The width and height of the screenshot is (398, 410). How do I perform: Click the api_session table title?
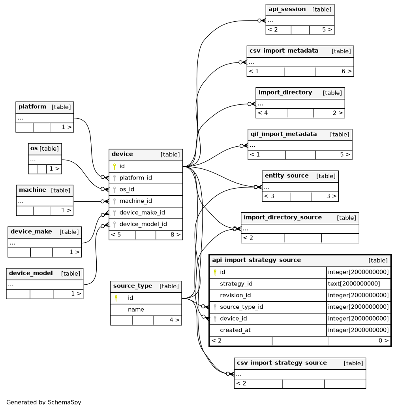pyautogui.click(x=287, y=9)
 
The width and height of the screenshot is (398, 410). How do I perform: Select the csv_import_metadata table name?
pyautogui.click(x=284, y=51)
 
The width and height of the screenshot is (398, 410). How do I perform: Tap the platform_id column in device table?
pyautogui.click(x=135, y=178)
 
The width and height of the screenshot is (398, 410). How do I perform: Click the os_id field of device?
pyautogui.click(x=127, y=189)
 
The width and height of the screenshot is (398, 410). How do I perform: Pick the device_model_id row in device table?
pyautogui.click(x=143, y=224)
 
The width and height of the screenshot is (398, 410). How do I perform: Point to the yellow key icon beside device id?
pyautogui.click(x=115, y=166)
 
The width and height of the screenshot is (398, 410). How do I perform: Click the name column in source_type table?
pyautogui.click(x=136, y=310)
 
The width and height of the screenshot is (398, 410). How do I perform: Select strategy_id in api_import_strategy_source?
pyautogui.click(x=236, y=284)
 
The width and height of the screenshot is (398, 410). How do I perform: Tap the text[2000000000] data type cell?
pyautogui.click(x=354, y=284)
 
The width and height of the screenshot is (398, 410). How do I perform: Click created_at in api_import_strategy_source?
pyautogui.click(x=235, y=330)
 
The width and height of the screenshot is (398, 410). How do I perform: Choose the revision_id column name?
pyautogui.click(x=235, y=295)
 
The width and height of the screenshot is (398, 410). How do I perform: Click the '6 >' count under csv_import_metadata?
pyautogui.click(x=347, y=71)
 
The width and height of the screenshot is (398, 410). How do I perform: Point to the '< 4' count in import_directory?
pyautogui.click(x=263, y=113)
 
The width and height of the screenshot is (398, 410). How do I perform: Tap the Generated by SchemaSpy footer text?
pyautogui.click(x=43, y=402)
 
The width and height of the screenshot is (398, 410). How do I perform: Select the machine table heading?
pyautogui.click(x=32, y=190)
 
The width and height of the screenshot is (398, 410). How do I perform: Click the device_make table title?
pyautogui.click(x=31, y=231)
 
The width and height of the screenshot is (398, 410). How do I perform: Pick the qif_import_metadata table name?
pyautogui.click(x=283, y=134)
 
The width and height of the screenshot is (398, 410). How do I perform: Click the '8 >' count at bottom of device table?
pyautogui.click(x=175, y=234)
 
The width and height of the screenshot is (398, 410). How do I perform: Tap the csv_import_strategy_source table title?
pyautogui.click(x=282, y=363)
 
